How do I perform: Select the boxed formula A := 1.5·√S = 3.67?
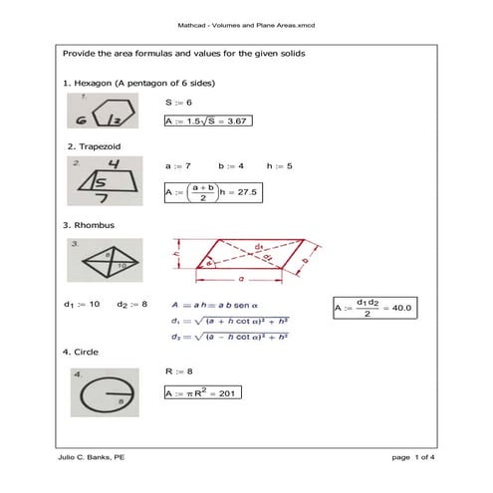click(x=205, y=121)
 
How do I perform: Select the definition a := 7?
click(x=178, y=164)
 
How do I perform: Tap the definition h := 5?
click(x=279, y=164)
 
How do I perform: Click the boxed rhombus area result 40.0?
click(x=371, y=308)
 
